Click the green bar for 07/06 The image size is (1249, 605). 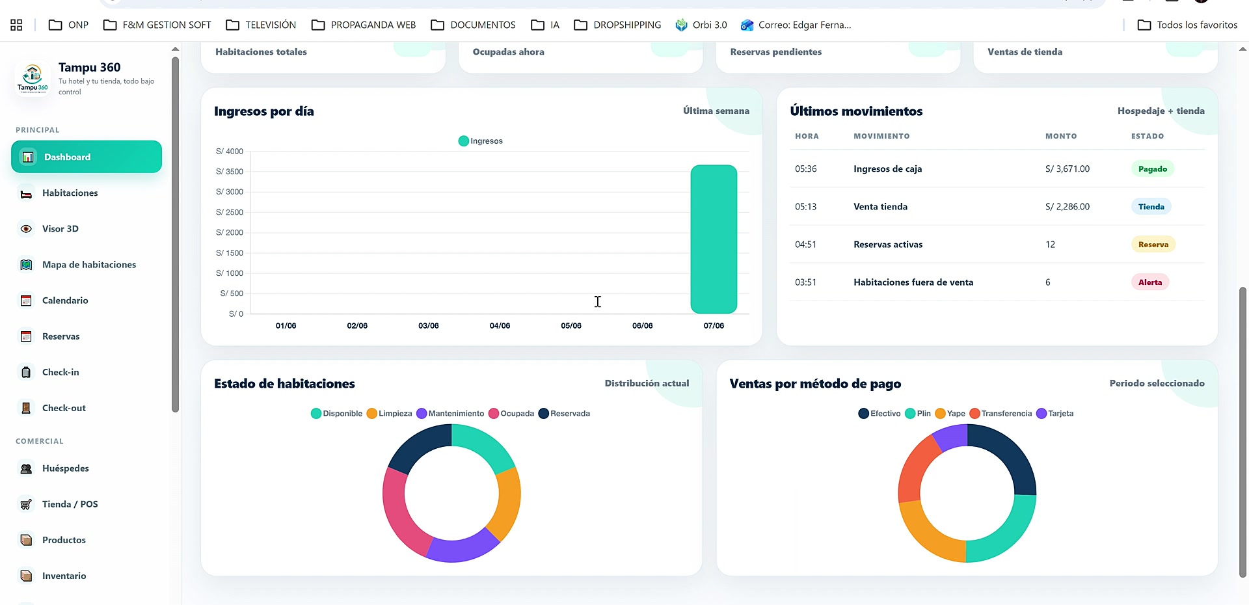[x=714, y=239]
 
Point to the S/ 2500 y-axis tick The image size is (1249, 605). [x=230, y=212]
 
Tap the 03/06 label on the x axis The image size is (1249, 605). [x=428, y=326]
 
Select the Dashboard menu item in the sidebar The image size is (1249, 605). [x=87, y=157]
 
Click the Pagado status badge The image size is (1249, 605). [x=1152, y=169]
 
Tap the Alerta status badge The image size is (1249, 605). [x=1150, y=282]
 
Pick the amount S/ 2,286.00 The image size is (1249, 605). [x=1068, y=207]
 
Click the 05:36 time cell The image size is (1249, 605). [x=805, y=169]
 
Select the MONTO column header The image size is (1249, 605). [x=1061, y=137]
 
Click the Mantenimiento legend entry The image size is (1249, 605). [x=450, y=414]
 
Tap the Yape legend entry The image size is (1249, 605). [x=950, y=414]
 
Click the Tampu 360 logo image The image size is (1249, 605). [x=33, y=79]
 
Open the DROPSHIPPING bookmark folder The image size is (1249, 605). [x=617, y=25]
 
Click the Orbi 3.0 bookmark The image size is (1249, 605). [x=701, y=25]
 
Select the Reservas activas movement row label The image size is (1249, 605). [x=888, y=245]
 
